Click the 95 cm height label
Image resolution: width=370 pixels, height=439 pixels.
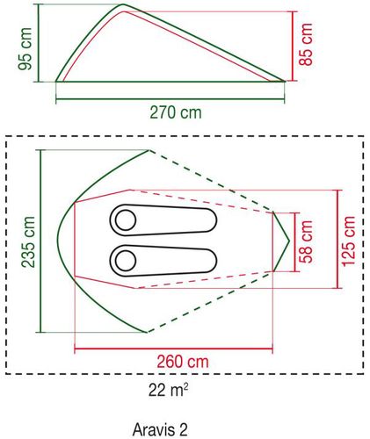pyautogui.click(x=25, y=49)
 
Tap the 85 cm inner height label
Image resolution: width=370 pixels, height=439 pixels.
pyautogui.click(x=306, y=44)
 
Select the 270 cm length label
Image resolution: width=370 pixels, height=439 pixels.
pyautogui.click(x=176, y=112)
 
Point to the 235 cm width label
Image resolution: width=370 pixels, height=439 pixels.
pyautogui.click(x=28, y=241)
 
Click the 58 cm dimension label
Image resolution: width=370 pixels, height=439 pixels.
pyautogui.click(x=306, y=241)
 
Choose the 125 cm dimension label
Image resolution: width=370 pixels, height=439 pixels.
pyautogui.click(x=349, y=241)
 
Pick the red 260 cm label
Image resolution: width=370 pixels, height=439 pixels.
pyautogui.click(x=183, y=362)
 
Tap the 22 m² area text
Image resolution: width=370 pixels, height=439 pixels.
pyautogui.click(x=168, y=390)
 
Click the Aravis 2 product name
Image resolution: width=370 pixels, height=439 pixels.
pyautogui.click(x=160, y=430)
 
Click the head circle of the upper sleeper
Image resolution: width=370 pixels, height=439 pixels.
pyautogui.click(x=126, y=220)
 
